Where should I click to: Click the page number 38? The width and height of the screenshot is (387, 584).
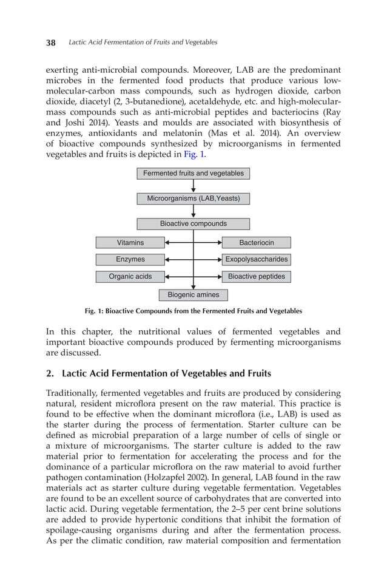click(x=51, y=42)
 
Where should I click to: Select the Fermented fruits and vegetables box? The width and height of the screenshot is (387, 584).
click(x=193, y=174)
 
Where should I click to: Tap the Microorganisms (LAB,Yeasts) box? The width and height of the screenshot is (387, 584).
click(x=193, y=199)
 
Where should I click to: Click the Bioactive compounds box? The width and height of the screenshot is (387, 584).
click(x=193, y=223)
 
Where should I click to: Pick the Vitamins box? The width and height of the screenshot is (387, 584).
click(x=130, y=243)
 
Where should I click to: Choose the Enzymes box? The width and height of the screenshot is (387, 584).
click(x=130, y=260)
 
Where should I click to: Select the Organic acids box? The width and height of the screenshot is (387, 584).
click(x=130, y=277)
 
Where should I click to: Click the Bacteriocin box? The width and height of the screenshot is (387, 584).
click(x=256, y=243)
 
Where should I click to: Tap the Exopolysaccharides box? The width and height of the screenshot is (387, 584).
click(x=256, y=260)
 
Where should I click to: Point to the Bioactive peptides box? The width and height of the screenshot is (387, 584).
click(x=256, y=277)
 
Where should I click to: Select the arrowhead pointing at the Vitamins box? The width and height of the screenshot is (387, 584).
click(x=168, y=243)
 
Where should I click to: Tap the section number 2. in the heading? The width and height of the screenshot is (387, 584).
click(x=51, y=373)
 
